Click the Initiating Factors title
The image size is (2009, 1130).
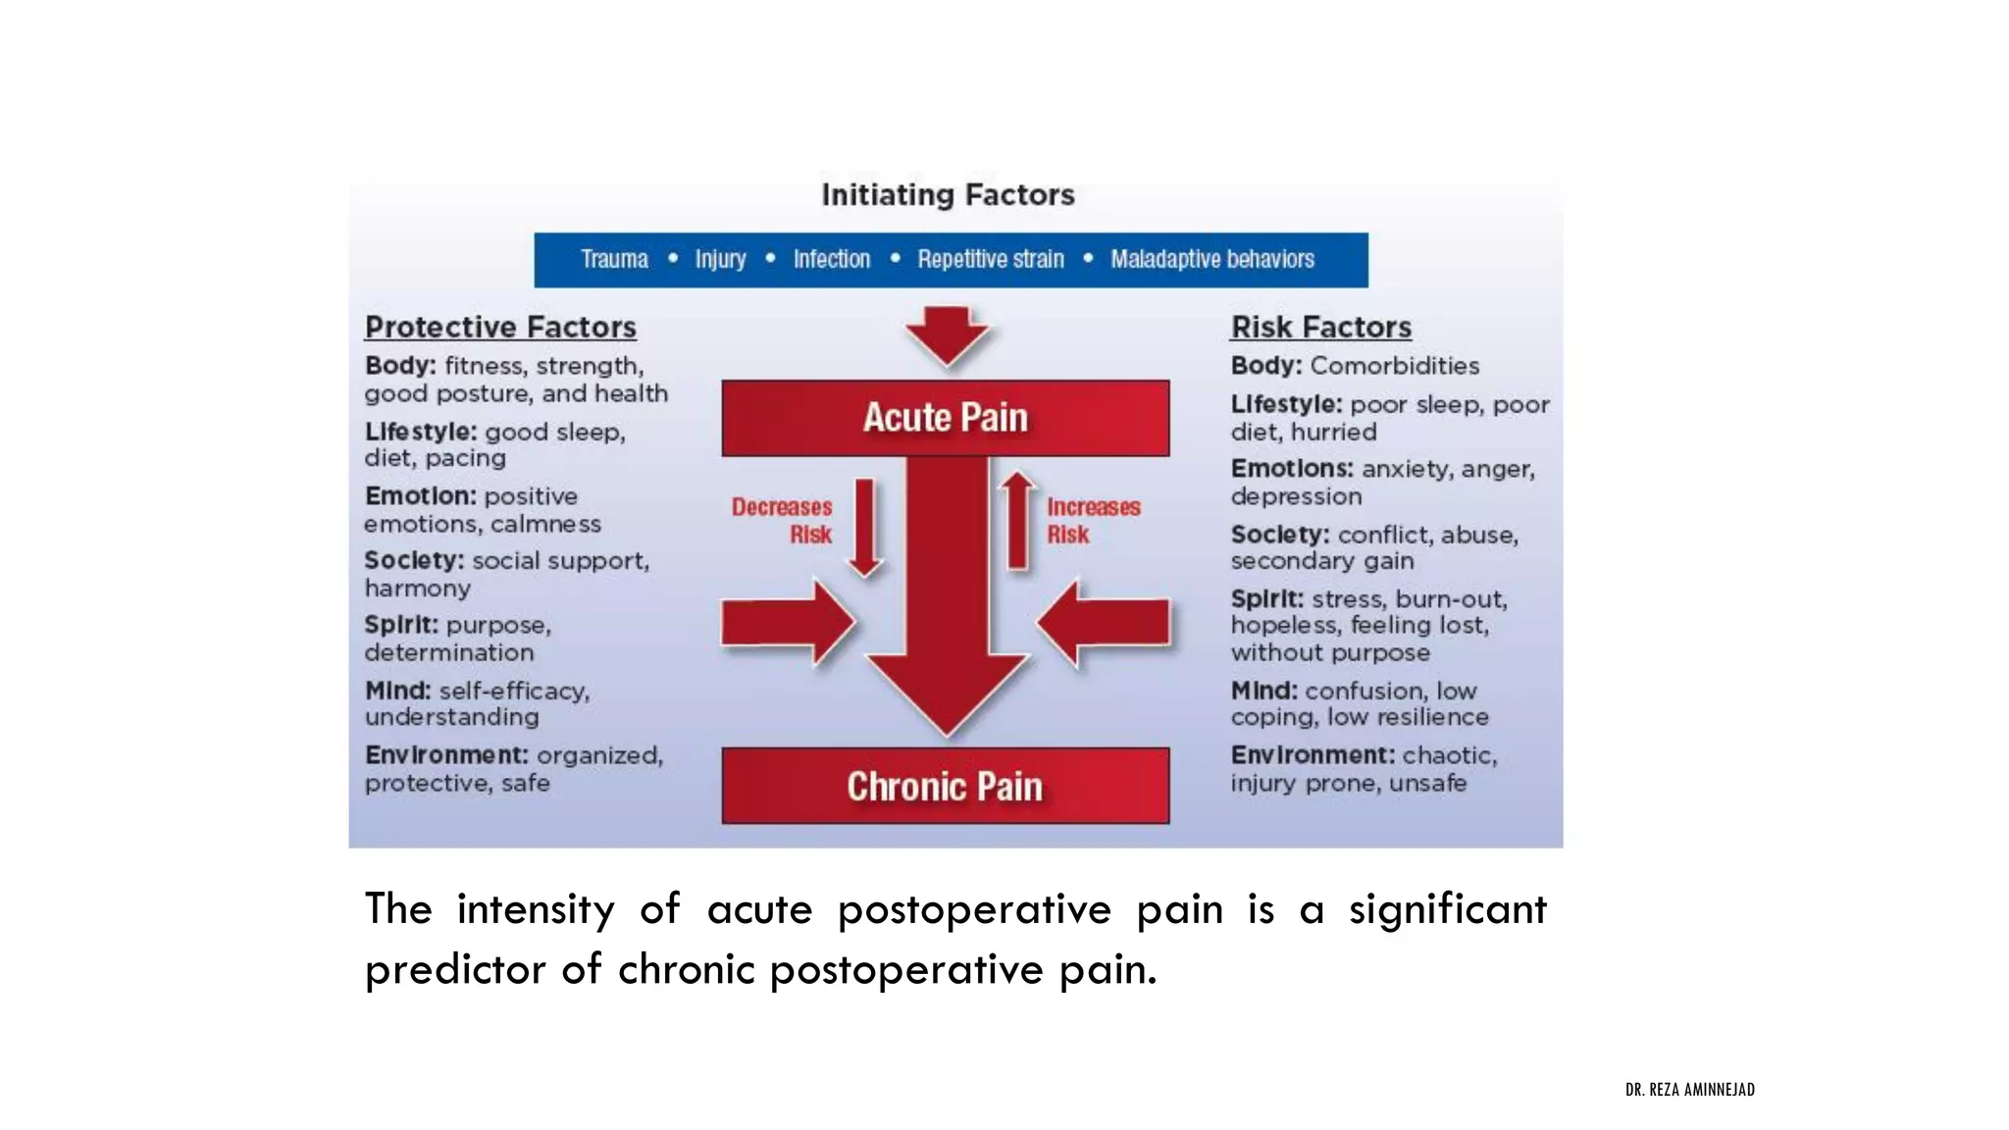coord(948,195)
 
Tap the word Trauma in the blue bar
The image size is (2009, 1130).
coord(614,259)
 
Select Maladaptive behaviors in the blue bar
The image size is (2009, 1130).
coord(1211,259)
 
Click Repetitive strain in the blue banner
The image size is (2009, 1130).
coord(990,259)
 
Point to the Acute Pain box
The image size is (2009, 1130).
coord(945,418)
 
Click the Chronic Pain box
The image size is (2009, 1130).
coord(945,786)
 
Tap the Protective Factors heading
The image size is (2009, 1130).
coord(500,327)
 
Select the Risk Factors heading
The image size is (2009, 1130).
coord(1320,327)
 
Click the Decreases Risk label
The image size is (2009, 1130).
coord(783,521)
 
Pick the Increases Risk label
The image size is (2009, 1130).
coord(1093,521)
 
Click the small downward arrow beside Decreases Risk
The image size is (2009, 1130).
coord(864,527)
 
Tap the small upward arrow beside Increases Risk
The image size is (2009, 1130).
coord(1018,521)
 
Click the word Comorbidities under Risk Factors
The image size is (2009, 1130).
coord(1394,366)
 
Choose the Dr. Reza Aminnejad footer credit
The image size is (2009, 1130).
coord(1689,1089)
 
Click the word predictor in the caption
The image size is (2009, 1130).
coord(452,970)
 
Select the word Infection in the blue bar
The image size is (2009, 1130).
coord(831,259)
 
